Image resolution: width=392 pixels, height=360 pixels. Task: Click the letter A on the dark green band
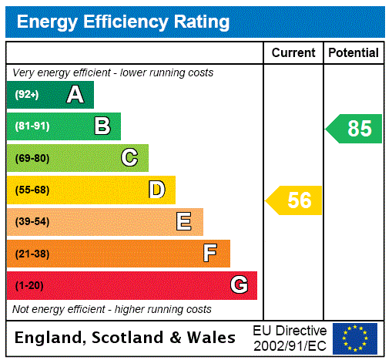coord(75,95)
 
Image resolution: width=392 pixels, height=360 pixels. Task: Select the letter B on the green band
coord(102,126)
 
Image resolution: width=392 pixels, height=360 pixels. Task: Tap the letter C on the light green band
coord(129,158)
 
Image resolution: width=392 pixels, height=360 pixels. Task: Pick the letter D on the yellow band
coord(157,190)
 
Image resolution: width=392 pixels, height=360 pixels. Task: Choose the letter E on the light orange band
coord(184,222)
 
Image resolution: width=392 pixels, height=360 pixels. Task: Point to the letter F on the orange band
coord(210,254)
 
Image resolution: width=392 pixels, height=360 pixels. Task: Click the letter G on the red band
coord(240,285)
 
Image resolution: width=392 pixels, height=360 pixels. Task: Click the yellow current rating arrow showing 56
coord(294,200)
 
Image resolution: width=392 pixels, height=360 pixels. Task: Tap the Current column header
coord(293,53)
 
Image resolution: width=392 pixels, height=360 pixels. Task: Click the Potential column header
coord(353,53)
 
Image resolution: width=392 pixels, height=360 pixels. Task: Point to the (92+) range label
coord(26,95)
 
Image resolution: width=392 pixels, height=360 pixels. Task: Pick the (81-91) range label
coord(32,126)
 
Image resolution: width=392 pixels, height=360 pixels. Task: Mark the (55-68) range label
coord(32,190)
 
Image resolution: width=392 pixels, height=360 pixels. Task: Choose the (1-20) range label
coord(29,286)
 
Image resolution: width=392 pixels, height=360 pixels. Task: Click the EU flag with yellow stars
coord(355,338)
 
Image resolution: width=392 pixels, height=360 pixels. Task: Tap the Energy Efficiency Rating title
coord(123,22)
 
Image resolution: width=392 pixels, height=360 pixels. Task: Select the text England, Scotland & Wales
coord(126,338)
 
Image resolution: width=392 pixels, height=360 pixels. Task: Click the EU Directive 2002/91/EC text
coord(290,338)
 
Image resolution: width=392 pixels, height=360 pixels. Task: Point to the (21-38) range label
coord(32,254)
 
